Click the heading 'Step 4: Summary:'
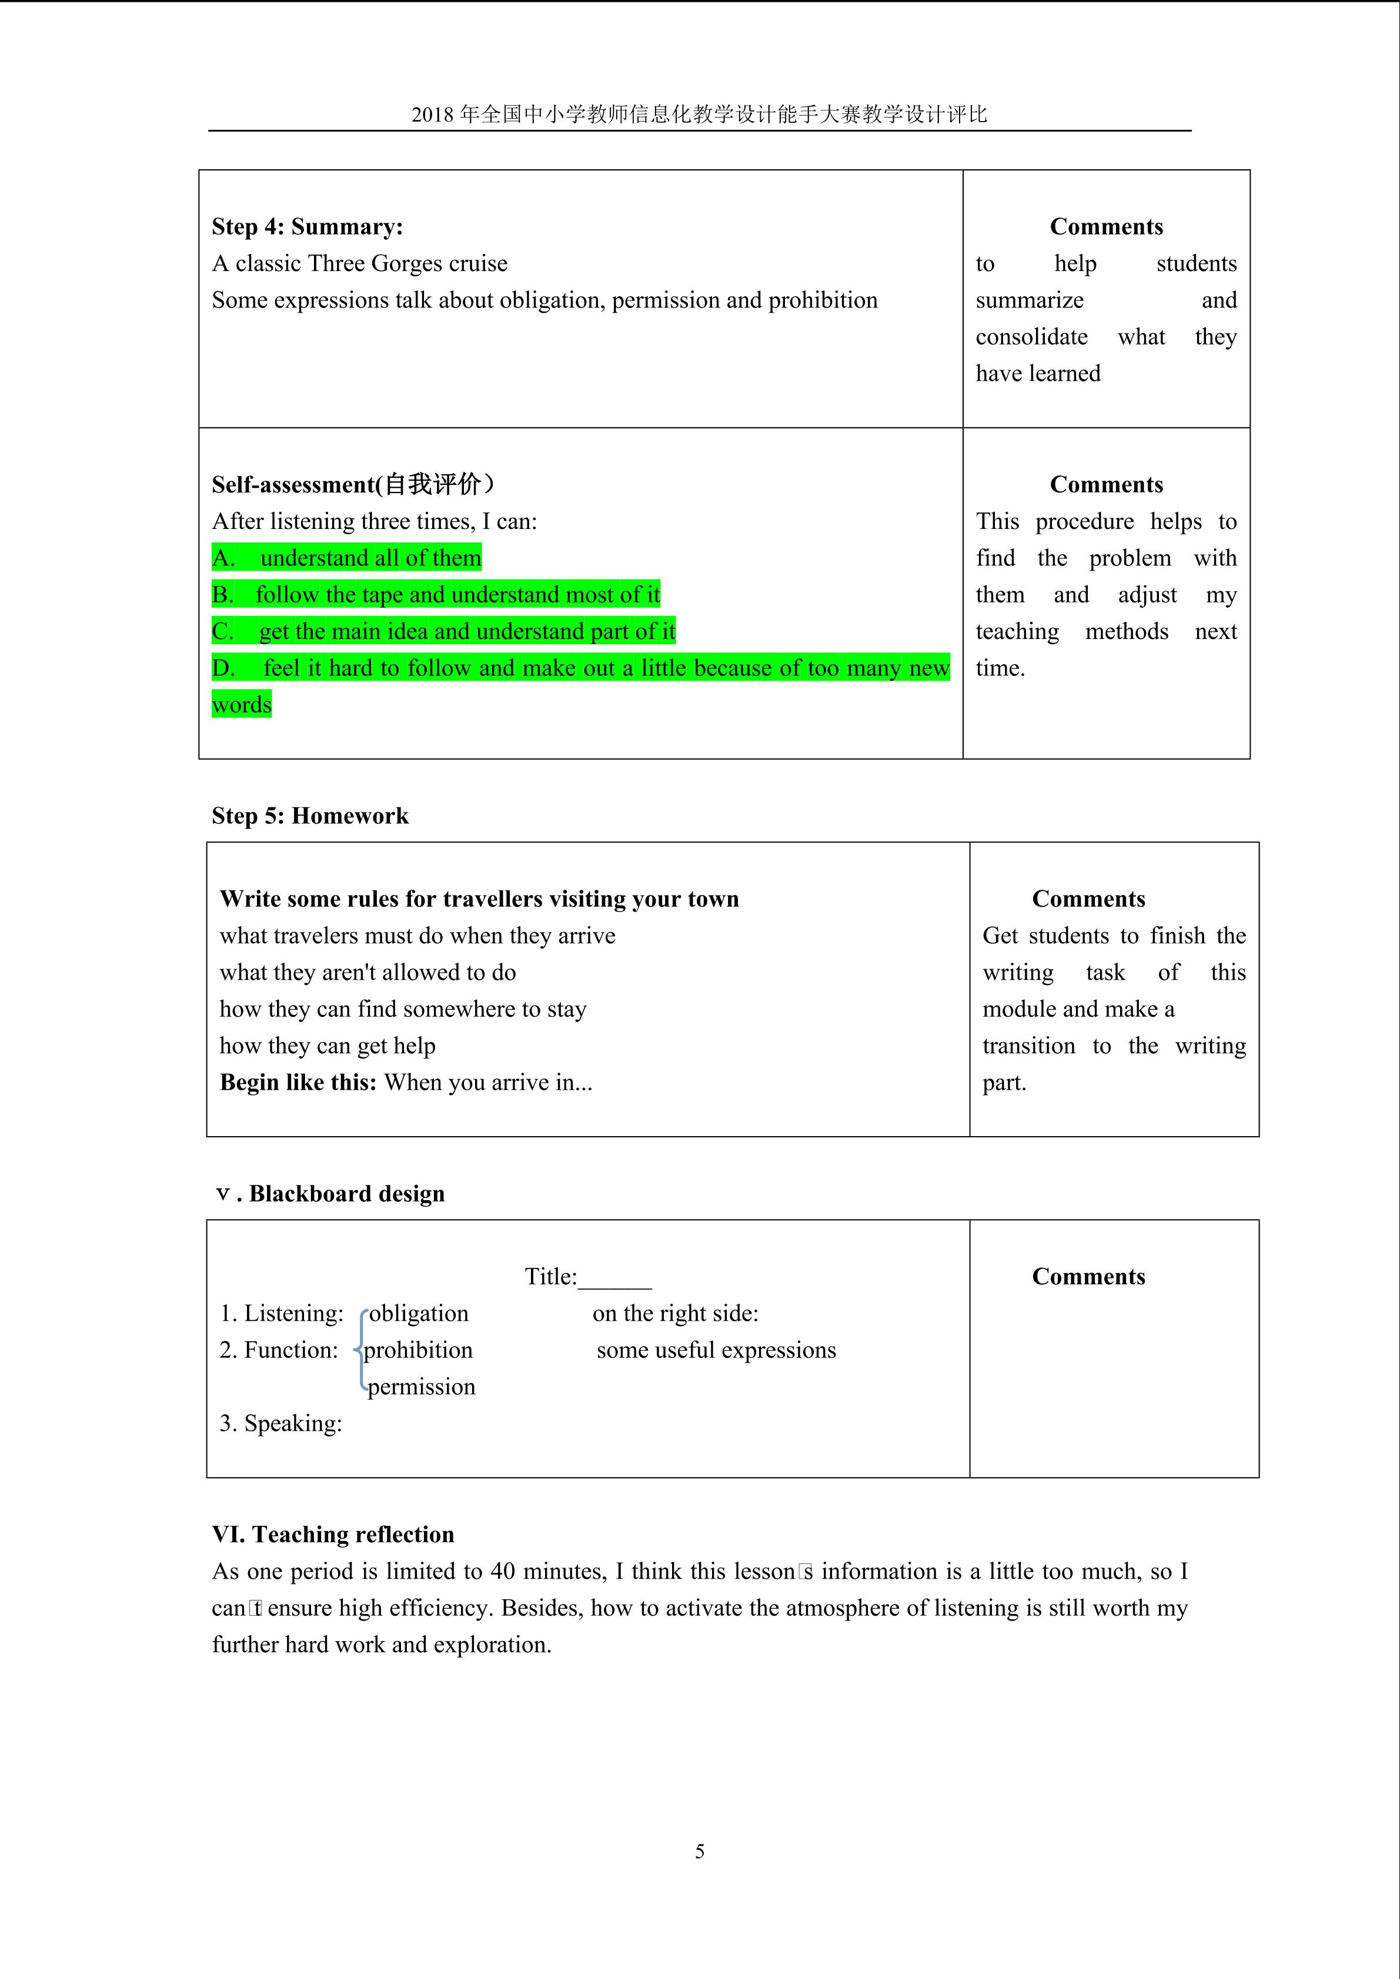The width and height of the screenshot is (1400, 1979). coord(307,227)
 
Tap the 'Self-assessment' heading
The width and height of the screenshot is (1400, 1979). coord(353,484)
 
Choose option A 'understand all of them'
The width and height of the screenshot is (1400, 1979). coord(346,558)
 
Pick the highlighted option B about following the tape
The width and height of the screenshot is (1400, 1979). coord(435,595)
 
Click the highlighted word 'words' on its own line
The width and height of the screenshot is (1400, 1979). coord(242,705)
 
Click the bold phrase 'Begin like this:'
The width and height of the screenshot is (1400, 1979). coord(298,1083)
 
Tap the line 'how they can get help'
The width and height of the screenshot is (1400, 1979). coord(328,1046)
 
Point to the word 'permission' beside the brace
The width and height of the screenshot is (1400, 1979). coord(422,1387)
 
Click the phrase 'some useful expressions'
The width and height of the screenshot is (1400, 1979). coord(716,1351)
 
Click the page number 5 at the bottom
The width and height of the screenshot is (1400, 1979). coord(700,1851)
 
